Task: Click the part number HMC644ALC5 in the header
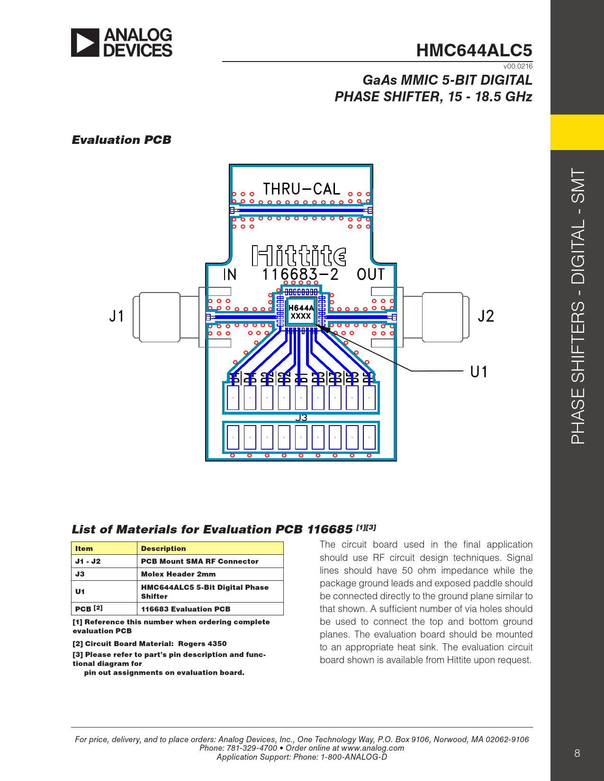(x=474, y=50)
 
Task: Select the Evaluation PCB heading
(x=121, y=140)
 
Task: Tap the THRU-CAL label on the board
(x=301, y=189)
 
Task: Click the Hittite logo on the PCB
(x=299, y=256)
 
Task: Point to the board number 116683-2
(x=300, y=275)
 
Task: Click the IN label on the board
(x=230, y=275)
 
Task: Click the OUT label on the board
(x=370, y=275)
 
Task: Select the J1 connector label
(x=117, y=316)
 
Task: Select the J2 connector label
(x=486, y=316)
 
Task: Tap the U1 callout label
(x=478, y=372)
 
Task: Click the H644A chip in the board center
(x=301, y=312)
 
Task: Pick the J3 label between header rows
(x=301, y=417)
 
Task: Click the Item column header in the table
(x=84, y=549)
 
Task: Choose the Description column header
(x=163, y=549)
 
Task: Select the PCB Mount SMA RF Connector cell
(x=199, y=561)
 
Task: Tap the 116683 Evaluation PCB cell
(x=185, y=609)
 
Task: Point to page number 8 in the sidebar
(x=577, y=753)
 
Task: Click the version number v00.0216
(x=518, y=66)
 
